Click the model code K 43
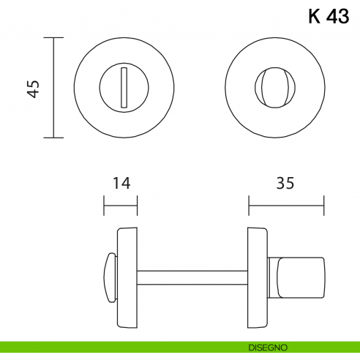329,18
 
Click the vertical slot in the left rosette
124,87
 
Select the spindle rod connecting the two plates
192,277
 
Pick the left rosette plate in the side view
127,277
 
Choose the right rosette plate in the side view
257,277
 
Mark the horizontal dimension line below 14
120,206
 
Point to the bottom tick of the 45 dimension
53,137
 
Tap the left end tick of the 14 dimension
104,206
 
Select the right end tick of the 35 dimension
323,206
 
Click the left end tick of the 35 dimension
249,206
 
